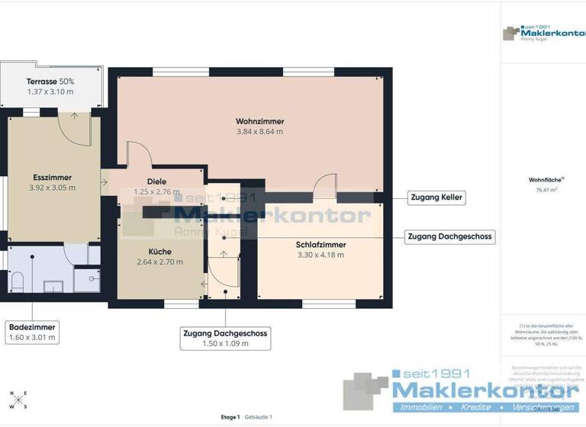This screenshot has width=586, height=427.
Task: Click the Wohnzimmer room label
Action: [259, 121]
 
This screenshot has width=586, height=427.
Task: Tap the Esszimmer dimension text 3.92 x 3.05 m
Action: [52, 188]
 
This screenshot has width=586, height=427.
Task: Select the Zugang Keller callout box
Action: [436, 197]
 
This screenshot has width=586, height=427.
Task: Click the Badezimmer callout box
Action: [31, 332]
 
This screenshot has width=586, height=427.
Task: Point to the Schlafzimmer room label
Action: [320, 245]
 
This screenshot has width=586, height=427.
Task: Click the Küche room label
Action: [159, 252]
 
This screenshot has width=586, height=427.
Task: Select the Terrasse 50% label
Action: [50, 82]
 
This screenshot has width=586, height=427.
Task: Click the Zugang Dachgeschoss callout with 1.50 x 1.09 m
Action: [225, 339]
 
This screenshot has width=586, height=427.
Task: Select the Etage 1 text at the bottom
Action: [230, 417]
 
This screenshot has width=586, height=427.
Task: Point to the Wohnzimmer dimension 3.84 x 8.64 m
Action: [259, 132]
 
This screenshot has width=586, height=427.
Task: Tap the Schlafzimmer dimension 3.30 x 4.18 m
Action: [320, 255]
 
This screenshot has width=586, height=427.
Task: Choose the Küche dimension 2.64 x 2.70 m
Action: [159, 262]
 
